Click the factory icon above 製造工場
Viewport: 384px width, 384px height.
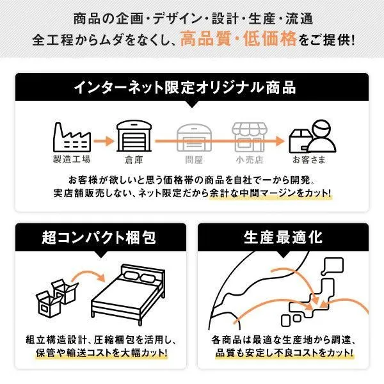[72, 138]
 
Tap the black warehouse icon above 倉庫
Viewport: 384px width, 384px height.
[134, 136]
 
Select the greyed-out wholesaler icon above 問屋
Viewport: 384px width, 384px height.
[194, 138]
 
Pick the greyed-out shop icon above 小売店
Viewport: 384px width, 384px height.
[250, 138]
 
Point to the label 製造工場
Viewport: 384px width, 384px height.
[72, 159]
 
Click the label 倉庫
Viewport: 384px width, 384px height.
[134, 160]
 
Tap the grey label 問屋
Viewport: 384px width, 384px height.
[194, 160]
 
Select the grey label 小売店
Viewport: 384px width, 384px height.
[250, 160]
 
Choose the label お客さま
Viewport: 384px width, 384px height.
[309, 160]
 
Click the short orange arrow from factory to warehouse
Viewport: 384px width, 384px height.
[104, 141]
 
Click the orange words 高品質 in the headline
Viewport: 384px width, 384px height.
[205, 39]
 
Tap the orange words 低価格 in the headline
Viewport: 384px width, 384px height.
[269, 39]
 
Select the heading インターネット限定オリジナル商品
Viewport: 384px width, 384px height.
[185, 88]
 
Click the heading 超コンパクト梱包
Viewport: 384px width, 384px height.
[99, 237]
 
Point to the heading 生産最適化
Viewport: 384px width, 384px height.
[283, 237]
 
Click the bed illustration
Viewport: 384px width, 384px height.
[128, 294]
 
